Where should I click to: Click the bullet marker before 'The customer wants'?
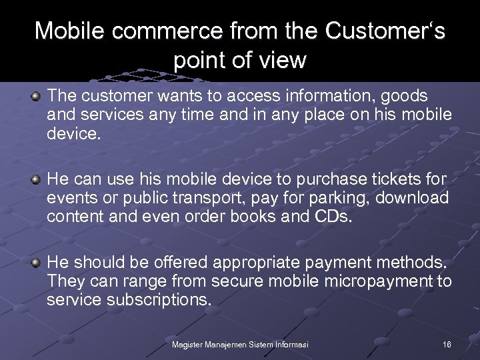click(x=36, y=97)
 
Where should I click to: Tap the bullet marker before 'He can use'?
click(x=36, y=180)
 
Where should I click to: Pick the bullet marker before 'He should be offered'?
click(x=36, y=263)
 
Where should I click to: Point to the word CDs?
click(x=331, y=217)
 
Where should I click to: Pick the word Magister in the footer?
click(x=189, y=344)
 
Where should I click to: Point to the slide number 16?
click(x=446, y=344)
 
